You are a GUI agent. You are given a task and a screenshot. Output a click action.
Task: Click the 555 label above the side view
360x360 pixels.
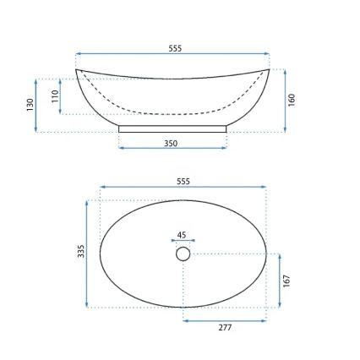175,49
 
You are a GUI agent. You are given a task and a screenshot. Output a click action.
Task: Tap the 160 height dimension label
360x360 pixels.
292,100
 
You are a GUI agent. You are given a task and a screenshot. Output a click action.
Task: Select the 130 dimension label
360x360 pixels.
29,105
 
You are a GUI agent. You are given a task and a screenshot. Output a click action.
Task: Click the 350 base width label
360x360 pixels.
171,144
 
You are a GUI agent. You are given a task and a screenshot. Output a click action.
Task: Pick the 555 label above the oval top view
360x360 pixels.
183,182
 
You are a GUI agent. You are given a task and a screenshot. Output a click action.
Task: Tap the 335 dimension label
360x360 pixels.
81,252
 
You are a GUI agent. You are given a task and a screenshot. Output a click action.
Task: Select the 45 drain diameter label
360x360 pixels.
182,236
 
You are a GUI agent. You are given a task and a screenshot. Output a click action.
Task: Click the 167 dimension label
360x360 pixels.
287,280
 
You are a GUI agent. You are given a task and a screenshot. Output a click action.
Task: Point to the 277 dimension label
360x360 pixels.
225,327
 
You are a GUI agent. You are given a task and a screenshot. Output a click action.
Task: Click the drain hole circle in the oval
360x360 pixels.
183,254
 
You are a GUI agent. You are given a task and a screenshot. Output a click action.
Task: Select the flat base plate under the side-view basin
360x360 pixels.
172,129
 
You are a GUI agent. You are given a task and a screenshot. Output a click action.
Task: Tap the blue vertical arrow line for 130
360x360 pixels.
36,106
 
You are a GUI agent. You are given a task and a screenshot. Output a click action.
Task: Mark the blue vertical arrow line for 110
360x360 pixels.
60,96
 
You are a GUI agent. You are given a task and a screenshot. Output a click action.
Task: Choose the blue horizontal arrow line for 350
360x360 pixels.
172,149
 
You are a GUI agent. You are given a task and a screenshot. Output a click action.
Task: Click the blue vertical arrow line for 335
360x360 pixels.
88,254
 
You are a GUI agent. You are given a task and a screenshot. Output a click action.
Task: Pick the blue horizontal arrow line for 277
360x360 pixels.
225,320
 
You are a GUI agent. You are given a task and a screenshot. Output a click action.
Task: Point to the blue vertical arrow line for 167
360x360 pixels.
280,281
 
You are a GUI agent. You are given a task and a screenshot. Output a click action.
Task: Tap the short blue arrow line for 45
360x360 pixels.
183,242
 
